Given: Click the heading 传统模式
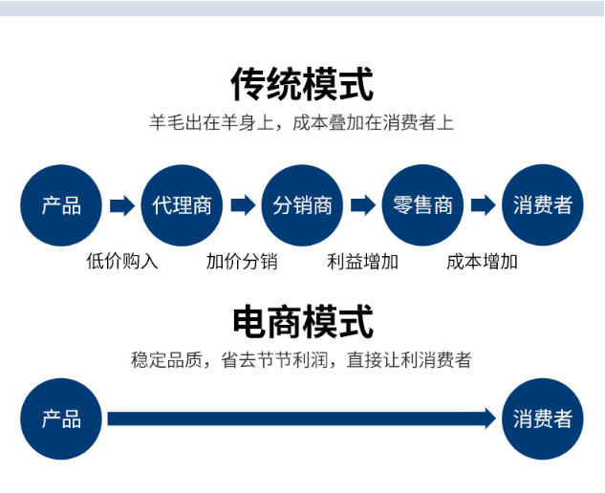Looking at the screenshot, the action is [302, 84].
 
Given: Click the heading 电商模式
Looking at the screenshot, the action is [303, 321].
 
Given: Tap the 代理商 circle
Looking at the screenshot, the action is [182, 205].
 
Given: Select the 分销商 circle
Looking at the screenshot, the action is [302, 205].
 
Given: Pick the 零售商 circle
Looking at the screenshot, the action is [422, 205].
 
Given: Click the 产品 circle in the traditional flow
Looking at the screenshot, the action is [61, 205].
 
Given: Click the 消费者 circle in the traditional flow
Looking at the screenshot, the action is [543, 205].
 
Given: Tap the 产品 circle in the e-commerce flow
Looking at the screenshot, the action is [61, 418].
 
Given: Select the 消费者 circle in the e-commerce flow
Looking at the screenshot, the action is [543, 418].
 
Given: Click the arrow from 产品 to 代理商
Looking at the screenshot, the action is [122, 205].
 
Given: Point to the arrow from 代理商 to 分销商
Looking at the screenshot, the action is [243, 205].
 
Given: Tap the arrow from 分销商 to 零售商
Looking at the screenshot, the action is [363, 205].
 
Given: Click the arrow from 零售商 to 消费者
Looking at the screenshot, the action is [484, 205].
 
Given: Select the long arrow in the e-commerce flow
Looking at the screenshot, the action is [302, 418].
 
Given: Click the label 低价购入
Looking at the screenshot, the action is [122, 262].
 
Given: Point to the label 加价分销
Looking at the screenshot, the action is [242, 262].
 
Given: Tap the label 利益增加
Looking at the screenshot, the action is [362, 262].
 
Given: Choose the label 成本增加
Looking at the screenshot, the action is [482, 262].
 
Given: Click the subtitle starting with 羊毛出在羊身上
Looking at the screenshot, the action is [301, 122].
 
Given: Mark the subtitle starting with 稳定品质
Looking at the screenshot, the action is [301, 360].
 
